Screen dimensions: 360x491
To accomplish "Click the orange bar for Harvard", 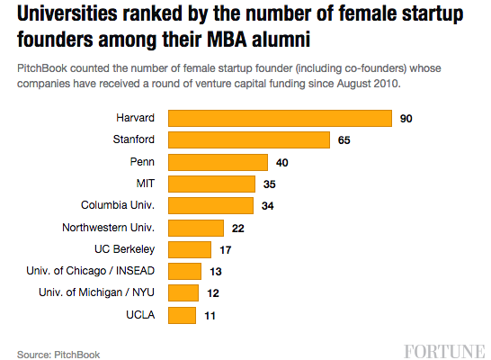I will pyautogui.click(x=280, y=119).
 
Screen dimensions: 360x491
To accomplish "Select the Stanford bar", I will pyautogui.click(x=249, y=140).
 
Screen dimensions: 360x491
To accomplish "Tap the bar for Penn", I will pyautogui.click(x=219, y=162).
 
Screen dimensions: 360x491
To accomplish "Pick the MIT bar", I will pyautogui.click(x=212, y=184).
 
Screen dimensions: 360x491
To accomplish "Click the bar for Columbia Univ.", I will pyautogui.click(x=211, y=206).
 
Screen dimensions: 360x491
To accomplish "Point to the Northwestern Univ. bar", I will pyautogui.click(x=196, y=228).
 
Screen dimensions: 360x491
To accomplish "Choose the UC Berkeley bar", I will pyautogui.click(x=190, y=249).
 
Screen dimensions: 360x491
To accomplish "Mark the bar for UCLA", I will pyautogui.click(x=183, y=315).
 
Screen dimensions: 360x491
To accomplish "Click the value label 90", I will pyautogui.click(x=406, y=119).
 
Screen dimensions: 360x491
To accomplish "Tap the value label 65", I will pyautogui.click(x=344, y=140).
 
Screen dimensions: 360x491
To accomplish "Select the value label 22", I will pyautogui.click(x=237, y=229).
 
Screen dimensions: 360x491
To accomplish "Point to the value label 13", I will pyautogui.click(x=216, y=272).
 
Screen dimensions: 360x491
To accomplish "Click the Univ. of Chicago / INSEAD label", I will pyautogui.click(x=101, y=271).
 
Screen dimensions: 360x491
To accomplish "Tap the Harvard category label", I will pyautogui.click(x=136, y=119).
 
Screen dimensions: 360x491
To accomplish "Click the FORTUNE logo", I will pyautogui.click(x=443, y=349).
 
